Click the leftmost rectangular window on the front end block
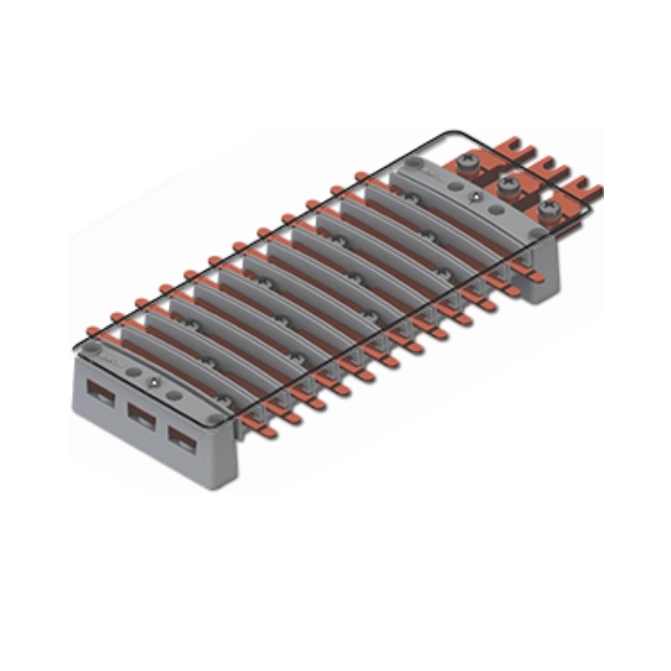point(101,392)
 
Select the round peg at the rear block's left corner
point(413,164)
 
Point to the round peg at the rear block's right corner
point(535,232)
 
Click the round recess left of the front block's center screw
point(132,369)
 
